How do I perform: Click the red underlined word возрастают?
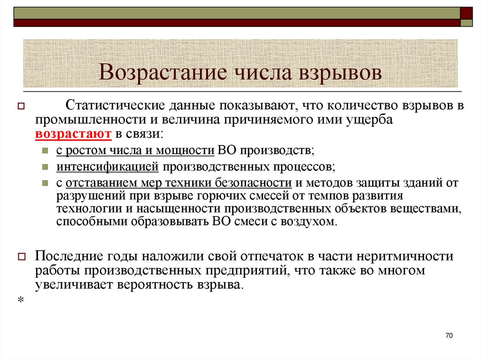pos(73,134)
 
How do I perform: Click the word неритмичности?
pos(405,257)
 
